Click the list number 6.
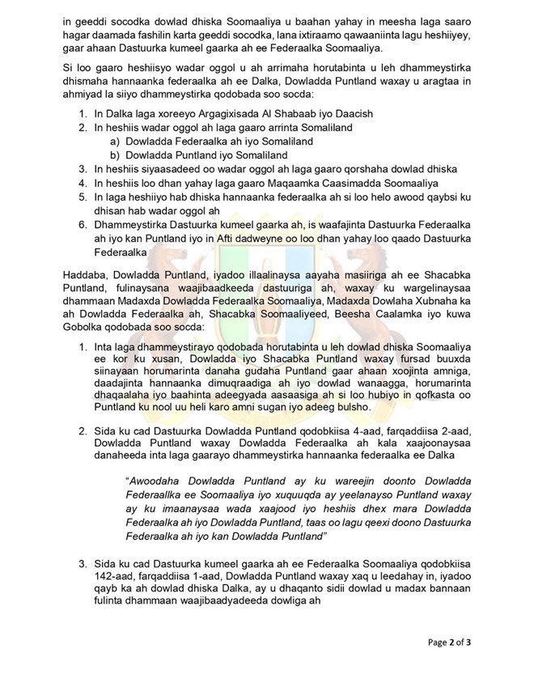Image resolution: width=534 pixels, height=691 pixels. click(82, 223)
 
